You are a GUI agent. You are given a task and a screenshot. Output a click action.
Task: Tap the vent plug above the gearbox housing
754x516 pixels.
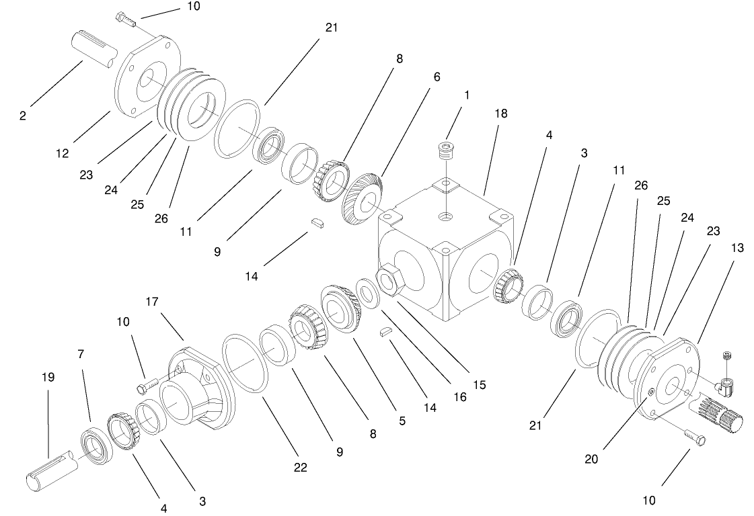pyautogui.click(x=445, y=151)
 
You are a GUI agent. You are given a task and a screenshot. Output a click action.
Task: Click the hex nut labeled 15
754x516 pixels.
pyautogui.click(x=391, y=277)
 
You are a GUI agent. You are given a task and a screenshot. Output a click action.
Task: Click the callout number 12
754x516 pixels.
pyautogui.click(x=63, y=153)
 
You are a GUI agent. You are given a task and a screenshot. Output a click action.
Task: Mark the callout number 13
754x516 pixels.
pyautogui.click(x=737, y=248)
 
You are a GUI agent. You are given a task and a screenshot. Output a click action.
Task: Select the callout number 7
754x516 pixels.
pyautogui.click(x=81, y=353)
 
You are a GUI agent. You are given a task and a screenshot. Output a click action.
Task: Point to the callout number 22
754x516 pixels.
pyautogui.click(x=300, y=467)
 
